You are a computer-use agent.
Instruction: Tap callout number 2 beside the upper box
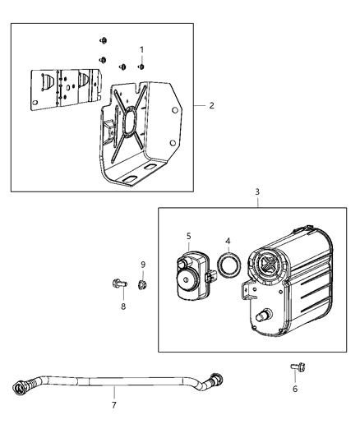coord(211,106)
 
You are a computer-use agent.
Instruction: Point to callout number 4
coord(228,242)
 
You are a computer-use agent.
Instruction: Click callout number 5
coord(188,235)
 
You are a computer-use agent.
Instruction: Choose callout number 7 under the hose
coord(113,404)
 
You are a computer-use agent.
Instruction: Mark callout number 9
coord(143,264)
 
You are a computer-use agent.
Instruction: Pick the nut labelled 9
coord(141,284)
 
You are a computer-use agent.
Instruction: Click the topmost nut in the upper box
coord(104,40)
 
